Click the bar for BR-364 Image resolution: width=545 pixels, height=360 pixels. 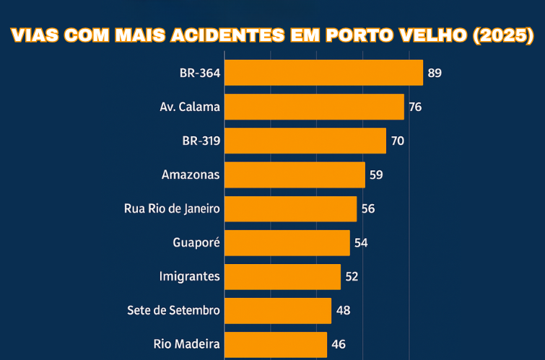323,73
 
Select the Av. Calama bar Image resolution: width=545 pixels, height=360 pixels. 314,107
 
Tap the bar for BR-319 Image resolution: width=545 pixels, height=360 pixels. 305,141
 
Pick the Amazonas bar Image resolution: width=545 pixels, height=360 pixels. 295,175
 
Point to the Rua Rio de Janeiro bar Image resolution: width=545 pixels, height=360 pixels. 290,208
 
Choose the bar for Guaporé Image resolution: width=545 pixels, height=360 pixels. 287,242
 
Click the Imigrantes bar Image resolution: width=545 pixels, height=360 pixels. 282,276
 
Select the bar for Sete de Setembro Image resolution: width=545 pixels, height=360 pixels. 278,310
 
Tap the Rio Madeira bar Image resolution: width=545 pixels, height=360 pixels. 276,344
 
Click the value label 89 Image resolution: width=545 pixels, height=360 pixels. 434,73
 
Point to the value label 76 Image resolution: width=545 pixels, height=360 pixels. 415,107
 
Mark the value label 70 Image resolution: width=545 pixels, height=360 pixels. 397,141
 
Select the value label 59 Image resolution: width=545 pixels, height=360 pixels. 376,175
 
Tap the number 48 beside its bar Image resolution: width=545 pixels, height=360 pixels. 343,310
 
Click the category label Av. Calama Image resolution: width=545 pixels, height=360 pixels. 190,107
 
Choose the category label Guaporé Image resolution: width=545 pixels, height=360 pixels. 196,242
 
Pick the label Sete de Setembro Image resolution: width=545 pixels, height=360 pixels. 173,310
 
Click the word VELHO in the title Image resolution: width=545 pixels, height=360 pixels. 432,35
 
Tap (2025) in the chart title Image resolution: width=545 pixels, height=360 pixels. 502,35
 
